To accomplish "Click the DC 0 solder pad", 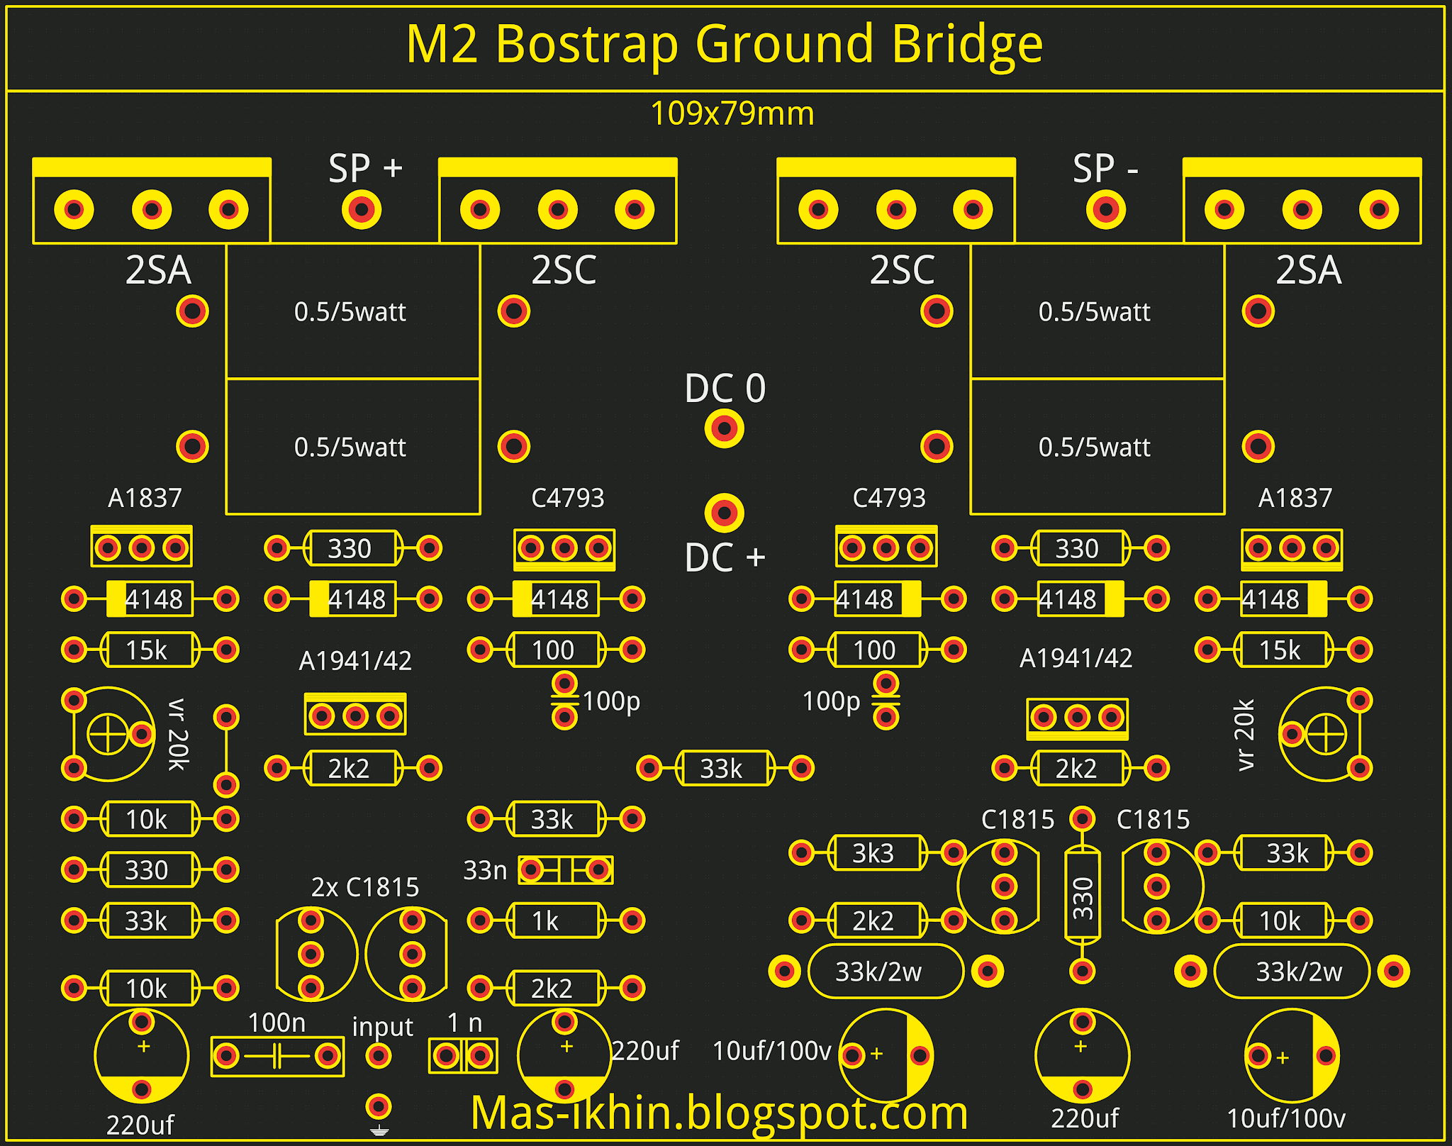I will (724, 428).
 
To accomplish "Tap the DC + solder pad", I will (724, 512).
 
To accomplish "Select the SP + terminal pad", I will (362, 209).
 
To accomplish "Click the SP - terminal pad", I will (1105, 209).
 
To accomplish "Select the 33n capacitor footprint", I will (565, 869).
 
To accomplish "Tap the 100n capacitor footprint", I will (277, 1056).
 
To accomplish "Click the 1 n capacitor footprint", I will (463, 1056).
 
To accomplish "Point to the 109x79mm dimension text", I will (732, 113).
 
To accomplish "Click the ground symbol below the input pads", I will (379, 1130).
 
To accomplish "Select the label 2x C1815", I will (364, 887).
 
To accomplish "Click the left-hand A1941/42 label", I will (355, 661).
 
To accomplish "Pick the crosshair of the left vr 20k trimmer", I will (108, 734).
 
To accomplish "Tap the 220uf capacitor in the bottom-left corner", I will (142, 1056).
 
